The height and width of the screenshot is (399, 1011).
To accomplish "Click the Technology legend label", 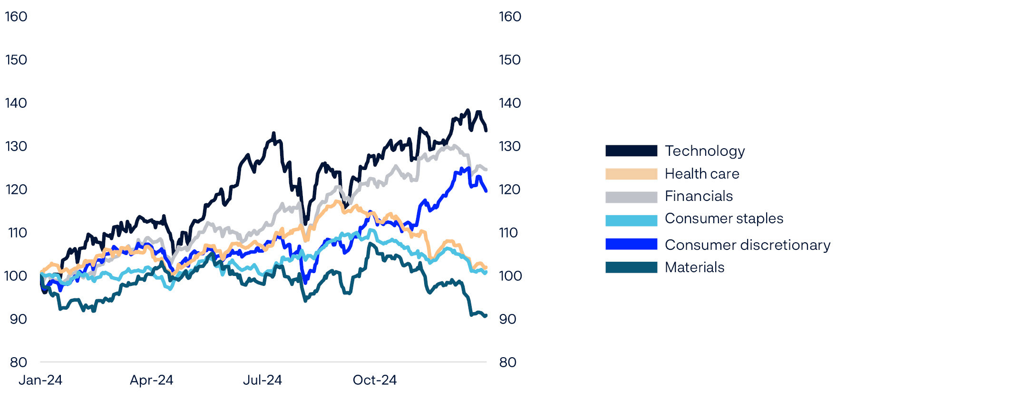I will (704, 151).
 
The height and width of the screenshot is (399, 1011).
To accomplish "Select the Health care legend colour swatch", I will (631, 174).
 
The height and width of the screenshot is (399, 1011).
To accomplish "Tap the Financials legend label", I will (699, 196).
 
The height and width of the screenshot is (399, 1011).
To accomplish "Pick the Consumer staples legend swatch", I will (631, 220).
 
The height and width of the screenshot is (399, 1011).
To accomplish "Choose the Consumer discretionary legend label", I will (747, 245).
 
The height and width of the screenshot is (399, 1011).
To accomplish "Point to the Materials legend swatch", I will (631, 267).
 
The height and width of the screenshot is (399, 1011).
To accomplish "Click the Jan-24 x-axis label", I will (40, 380).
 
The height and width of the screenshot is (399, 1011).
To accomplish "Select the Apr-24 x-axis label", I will (151, 380).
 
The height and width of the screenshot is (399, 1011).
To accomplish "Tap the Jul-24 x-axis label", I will (262, 380).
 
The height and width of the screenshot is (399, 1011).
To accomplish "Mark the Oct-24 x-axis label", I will (375, 380).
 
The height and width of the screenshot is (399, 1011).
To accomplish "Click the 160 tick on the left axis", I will (16, 17).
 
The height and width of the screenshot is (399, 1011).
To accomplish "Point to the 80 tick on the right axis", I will (508, 362).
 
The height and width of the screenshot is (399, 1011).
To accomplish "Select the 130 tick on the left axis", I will (16, 146).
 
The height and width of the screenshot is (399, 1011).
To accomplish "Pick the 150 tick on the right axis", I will (510, 60).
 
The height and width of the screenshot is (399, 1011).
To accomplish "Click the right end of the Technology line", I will (486, 130).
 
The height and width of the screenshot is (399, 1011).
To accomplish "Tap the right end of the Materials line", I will (486, 315).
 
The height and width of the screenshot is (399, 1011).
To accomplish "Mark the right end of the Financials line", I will (486, 170).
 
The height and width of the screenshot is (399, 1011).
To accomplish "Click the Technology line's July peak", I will (274, 133).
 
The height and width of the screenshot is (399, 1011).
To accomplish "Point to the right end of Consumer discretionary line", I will (486, 191).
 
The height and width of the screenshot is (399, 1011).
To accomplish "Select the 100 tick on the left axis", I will (16, 276).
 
